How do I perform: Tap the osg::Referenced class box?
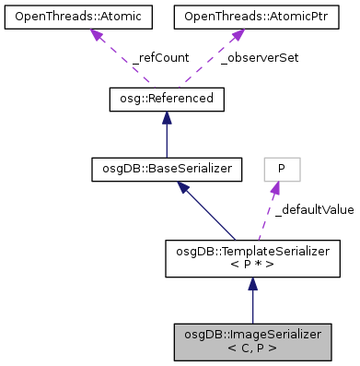point(166,98)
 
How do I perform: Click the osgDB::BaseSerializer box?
point(153,168)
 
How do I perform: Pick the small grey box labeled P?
point(282,169)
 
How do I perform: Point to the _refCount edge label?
point(163,57)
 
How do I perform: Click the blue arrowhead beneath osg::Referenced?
point(166,116)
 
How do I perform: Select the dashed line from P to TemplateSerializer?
point(266,218)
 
